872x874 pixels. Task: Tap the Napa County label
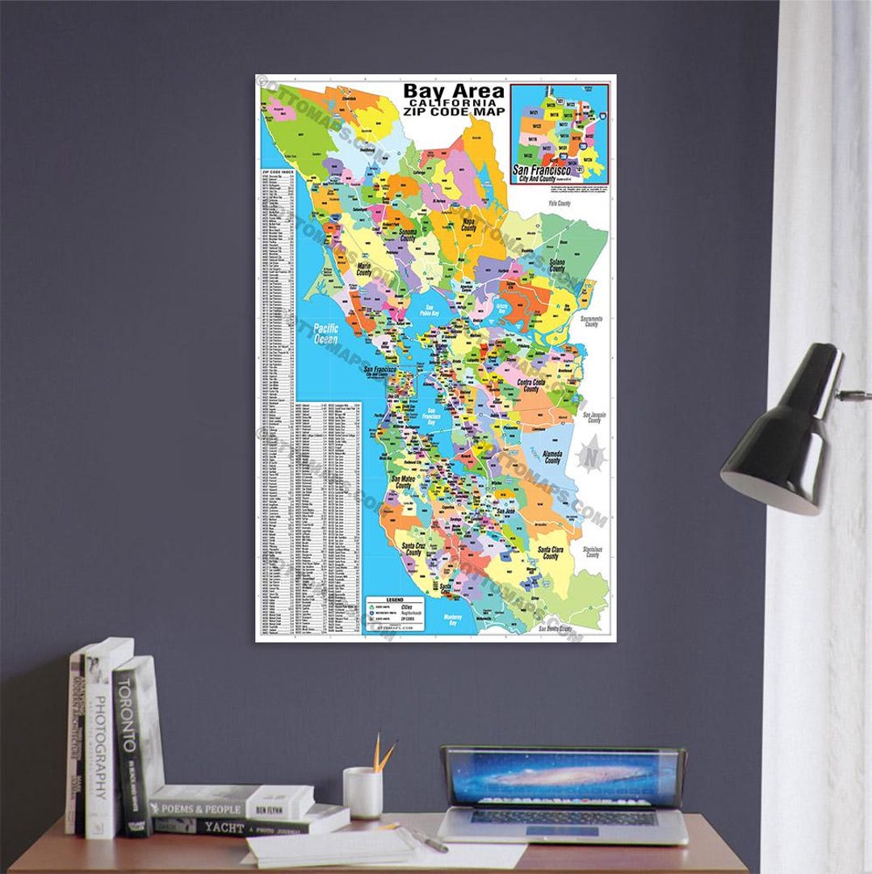[x=469, y=224]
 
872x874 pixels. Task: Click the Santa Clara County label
[x=550, y=553]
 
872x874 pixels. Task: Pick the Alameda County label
[x=552, y=457]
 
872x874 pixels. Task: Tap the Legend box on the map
[x=394, y=612]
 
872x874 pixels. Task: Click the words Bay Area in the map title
[x=454, y=91]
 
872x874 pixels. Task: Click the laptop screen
[x=562, y=777]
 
